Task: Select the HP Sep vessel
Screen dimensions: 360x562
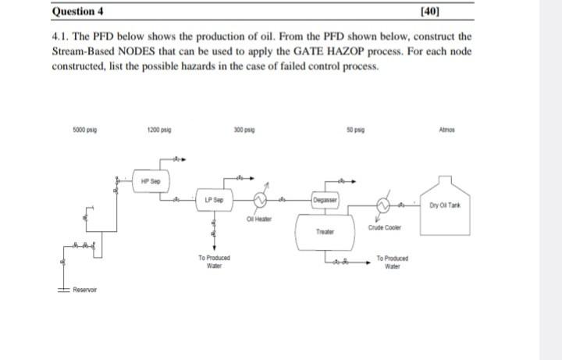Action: click(151, 181)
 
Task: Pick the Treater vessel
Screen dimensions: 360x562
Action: click(324, 231)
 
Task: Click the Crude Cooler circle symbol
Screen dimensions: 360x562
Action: click(384, 206)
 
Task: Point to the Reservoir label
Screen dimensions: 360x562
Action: click(84, 290)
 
